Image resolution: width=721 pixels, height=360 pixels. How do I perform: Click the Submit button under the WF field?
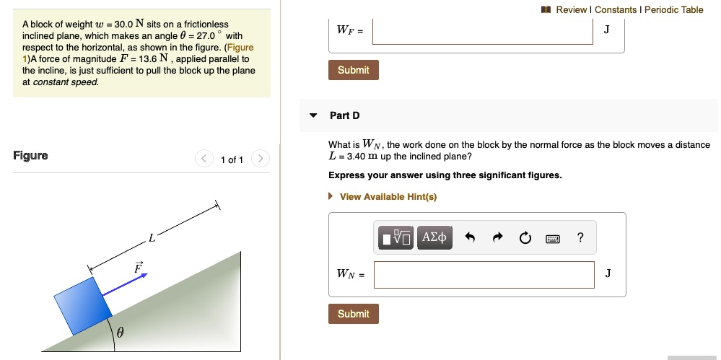click(x=354, y=70)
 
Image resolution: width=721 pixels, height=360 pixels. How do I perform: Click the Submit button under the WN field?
click(x=354, y=314)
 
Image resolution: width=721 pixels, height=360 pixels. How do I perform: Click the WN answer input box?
click(x=484, y=274)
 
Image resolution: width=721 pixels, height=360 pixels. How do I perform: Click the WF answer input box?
click(x=483, y=30)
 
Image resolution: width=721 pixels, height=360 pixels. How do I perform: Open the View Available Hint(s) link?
click(x=388, y=196)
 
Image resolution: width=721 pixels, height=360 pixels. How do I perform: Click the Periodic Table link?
click(x=673, y=9)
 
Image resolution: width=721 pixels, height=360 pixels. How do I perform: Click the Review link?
click(x=571, y=9)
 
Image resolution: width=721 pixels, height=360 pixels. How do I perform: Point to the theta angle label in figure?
click(x=120, y=333)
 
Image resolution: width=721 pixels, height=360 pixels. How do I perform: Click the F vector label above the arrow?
click(x=138, y=268)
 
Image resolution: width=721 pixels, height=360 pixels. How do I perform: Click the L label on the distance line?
click(x=151, y=237)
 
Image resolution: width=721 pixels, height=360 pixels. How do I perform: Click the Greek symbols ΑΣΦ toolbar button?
click(x=434, y=237)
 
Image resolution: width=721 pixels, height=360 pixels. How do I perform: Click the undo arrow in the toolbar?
click(x=471, y=237)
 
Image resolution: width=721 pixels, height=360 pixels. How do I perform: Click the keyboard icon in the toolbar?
click(x=553, y=237)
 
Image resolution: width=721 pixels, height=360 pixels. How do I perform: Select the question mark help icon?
click(x=580, y=237)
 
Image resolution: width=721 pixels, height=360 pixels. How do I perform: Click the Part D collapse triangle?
click(x=313, y=115)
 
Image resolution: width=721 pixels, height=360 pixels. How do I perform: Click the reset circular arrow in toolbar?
click(x=525, y=237)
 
